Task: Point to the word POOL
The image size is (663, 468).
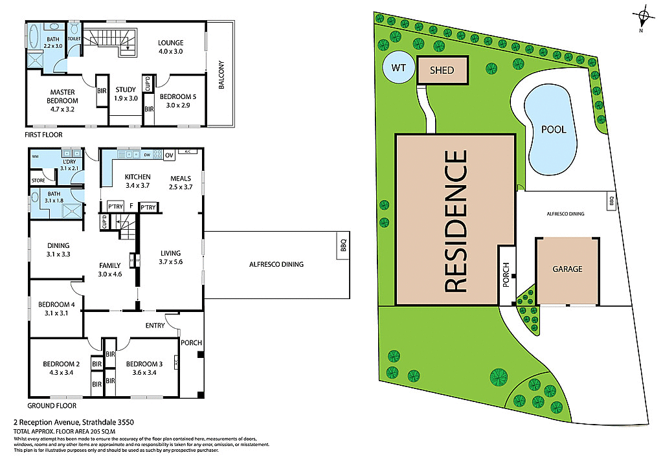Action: point(554,129)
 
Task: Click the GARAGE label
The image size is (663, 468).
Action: point(567,269)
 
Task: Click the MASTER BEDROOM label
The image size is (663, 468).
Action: point(62,96)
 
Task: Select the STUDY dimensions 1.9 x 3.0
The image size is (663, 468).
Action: point(126,98)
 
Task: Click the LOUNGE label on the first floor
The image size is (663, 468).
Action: point(172,43)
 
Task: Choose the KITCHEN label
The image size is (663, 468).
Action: point(137,177)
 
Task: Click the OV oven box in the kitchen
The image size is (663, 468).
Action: point(169,155)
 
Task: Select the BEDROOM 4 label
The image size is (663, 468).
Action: point(56,304)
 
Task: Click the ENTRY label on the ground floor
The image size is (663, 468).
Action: point(155,326)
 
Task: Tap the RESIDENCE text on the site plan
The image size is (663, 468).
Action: point(456,221)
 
